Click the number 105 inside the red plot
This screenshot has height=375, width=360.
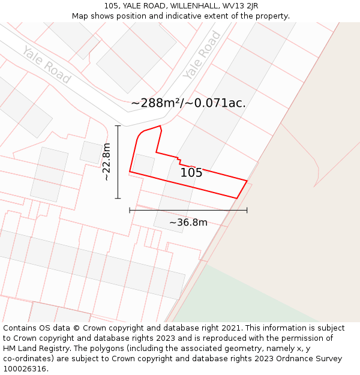point(191,173)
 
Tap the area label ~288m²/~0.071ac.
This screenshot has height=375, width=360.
point(188,103)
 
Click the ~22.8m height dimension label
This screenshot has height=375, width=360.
point(107,162)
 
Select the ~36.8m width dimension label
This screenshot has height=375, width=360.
point(188,223)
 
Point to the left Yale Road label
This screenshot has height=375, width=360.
point(47,64)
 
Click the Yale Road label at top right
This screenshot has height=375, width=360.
point(202,55)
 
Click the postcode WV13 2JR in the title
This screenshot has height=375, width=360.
point(240,6)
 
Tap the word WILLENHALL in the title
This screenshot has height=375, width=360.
point(194,6)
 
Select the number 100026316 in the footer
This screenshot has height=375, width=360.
point(26,369)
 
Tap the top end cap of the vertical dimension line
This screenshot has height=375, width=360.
point(118,126)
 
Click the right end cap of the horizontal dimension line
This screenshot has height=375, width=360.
point(247,210)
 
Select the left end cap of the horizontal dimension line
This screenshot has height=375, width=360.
point(130,210)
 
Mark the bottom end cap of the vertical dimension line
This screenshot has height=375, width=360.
point(118,198)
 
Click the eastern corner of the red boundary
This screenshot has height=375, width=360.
point(247,180)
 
